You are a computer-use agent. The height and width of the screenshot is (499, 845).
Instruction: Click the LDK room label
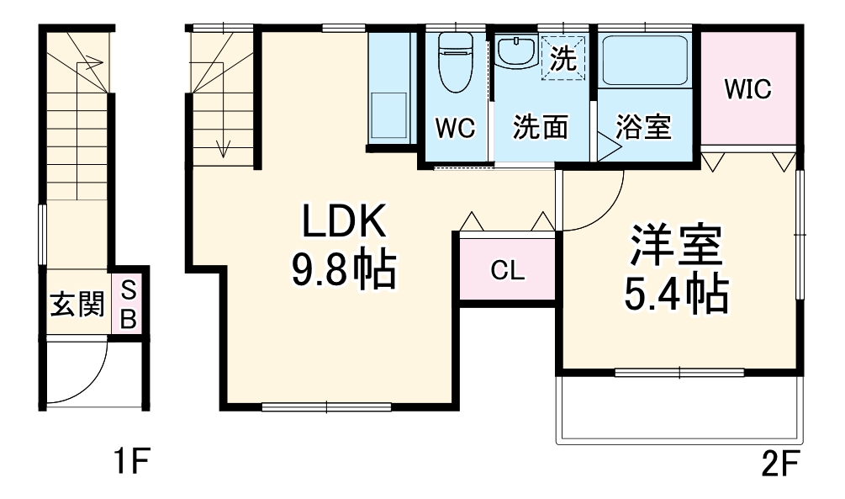coord(344,222)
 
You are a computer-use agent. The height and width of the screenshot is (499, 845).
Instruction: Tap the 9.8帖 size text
coord(344,270)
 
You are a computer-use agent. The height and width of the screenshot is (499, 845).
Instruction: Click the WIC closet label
coord(748,89)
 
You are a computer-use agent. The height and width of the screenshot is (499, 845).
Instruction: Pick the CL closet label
coord(508,270)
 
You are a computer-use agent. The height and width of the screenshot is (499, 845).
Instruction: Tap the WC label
coord(455,128)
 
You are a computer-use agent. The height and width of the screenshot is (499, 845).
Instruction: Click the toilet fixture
coord(456,64)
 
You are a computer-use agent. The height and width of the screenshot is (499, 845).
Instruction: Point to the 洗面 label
coord(541,128)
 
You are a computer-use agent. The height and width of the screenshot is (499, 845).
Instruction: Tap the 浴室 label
coord(643,128)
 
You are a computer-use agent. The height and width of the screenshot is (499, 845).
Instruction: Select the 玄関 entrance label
coord(75,305)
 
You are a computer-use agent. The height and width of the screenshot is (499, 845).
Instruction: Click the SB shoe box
coord(128,305)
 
